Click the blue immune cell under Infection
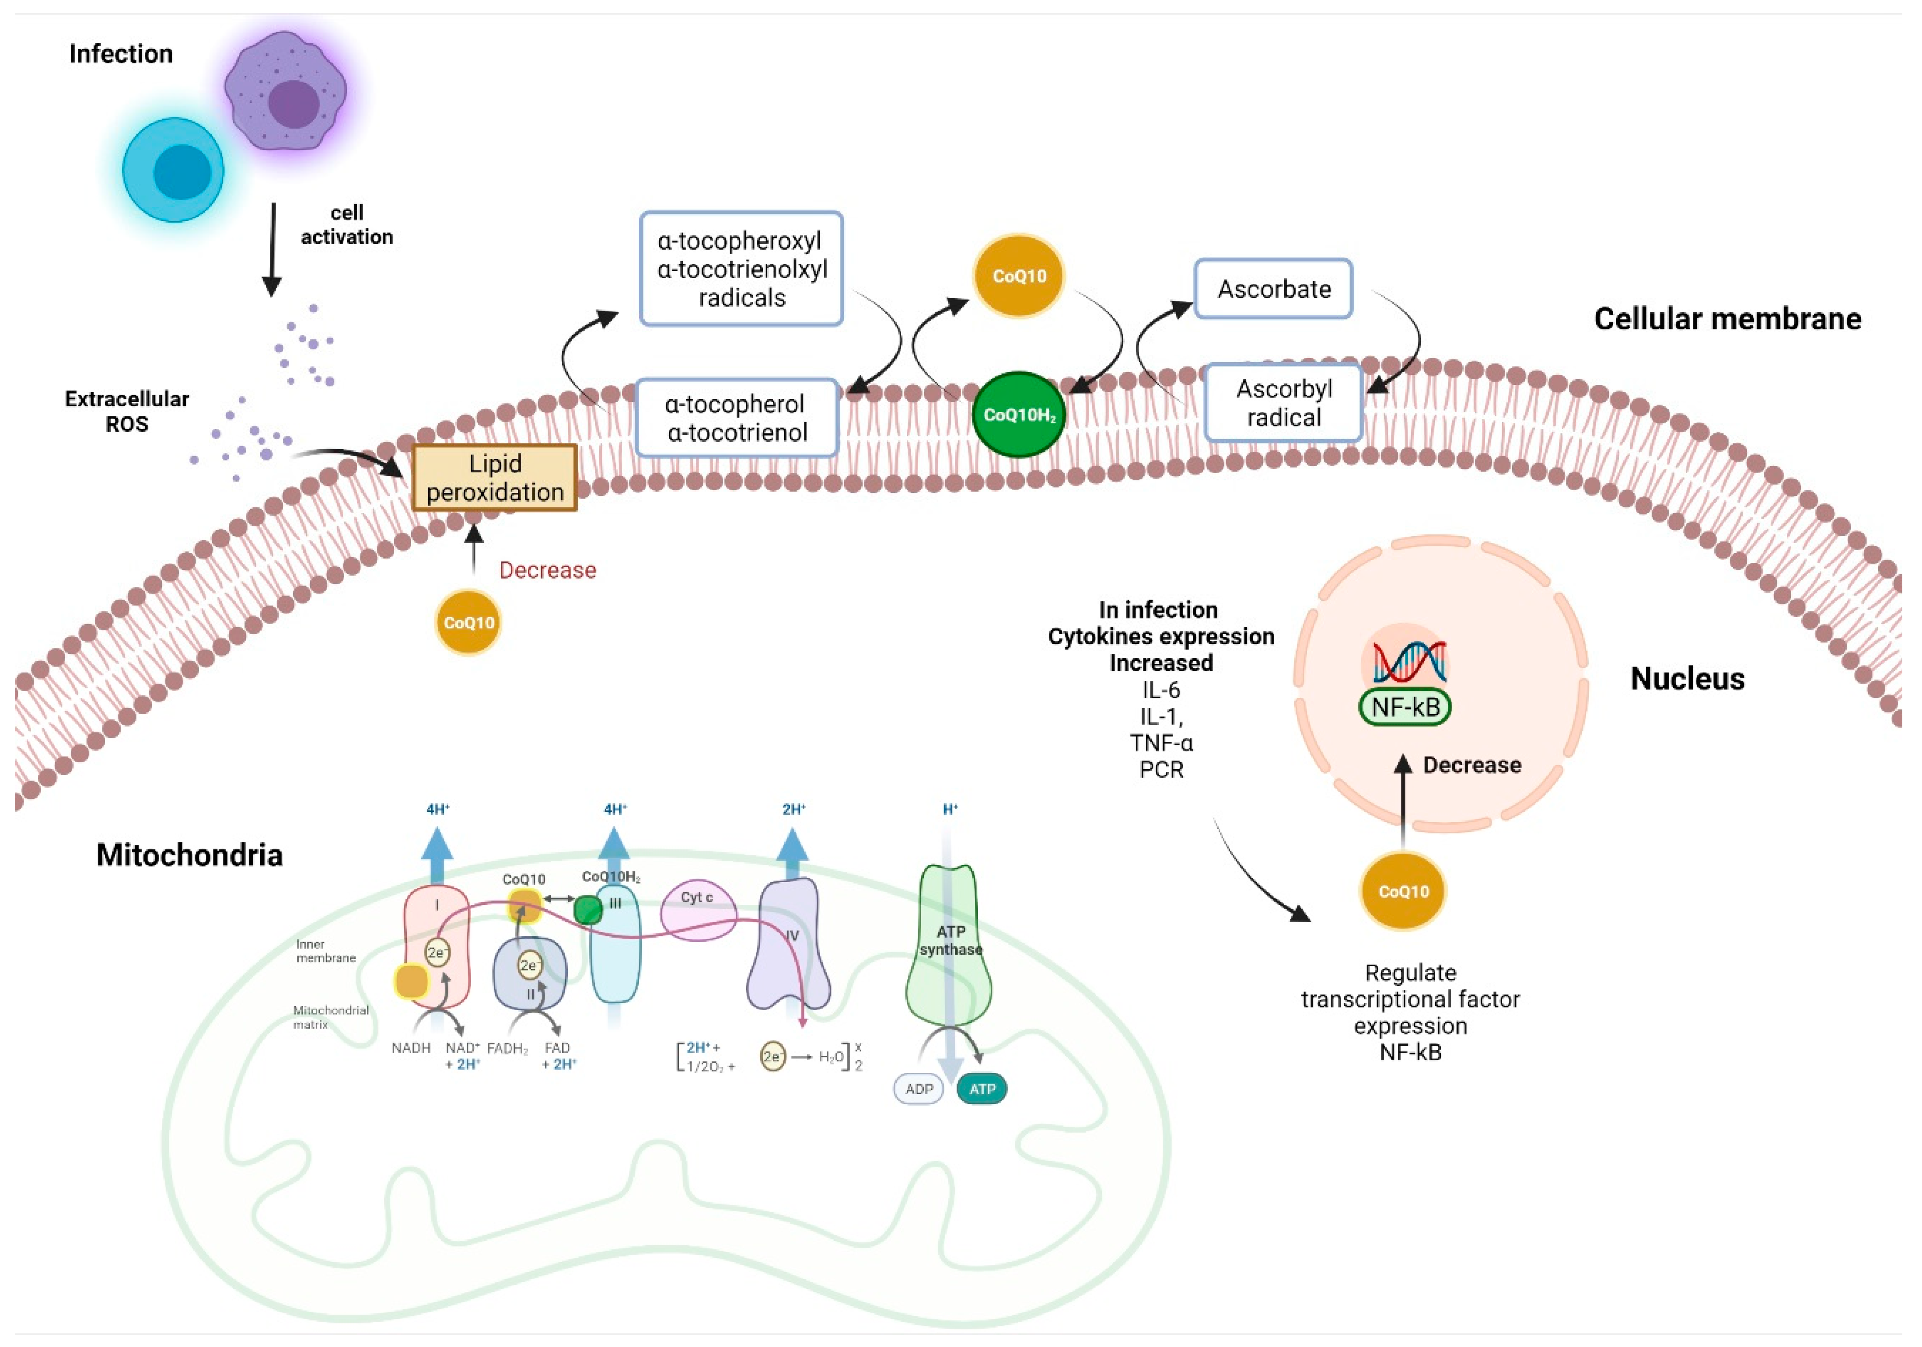pos(173,170)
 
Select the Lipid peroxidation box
pos(495,477)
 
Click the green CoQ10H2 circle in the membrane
pos(1019,415)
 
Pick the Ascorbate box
pos(1273,289)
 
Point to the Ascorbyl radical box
pos(1283,403)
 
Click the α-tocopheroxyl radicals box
pos(742,269)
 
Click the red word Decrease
pos(548,570)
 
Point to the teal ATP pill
pos(982,1089)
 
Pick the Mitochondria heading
pos(189,855)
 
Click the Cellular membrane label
pos(1727,319)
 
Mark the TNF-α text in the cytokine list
pos(1161,743)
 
